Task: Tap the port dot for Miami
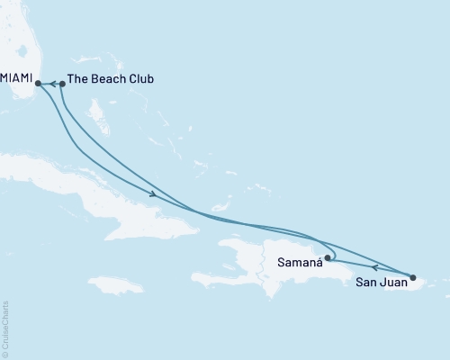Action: tap(39, 85)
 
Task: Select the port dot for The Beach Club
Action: tap(62, 85)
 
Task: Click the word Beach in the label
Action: tap(109, 79)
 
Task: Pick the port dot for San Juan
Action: tap(412, 277)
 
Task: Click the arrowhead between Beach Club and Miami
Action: tap(52, 85)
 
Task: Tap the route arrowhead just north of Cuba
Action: tap(154, 193)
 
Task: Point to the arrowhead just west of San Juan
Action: tap(374, 267)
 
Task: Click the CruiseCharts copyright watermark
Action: tap(6, 329)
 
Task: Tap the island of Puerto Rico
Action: tap(423, 286)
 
